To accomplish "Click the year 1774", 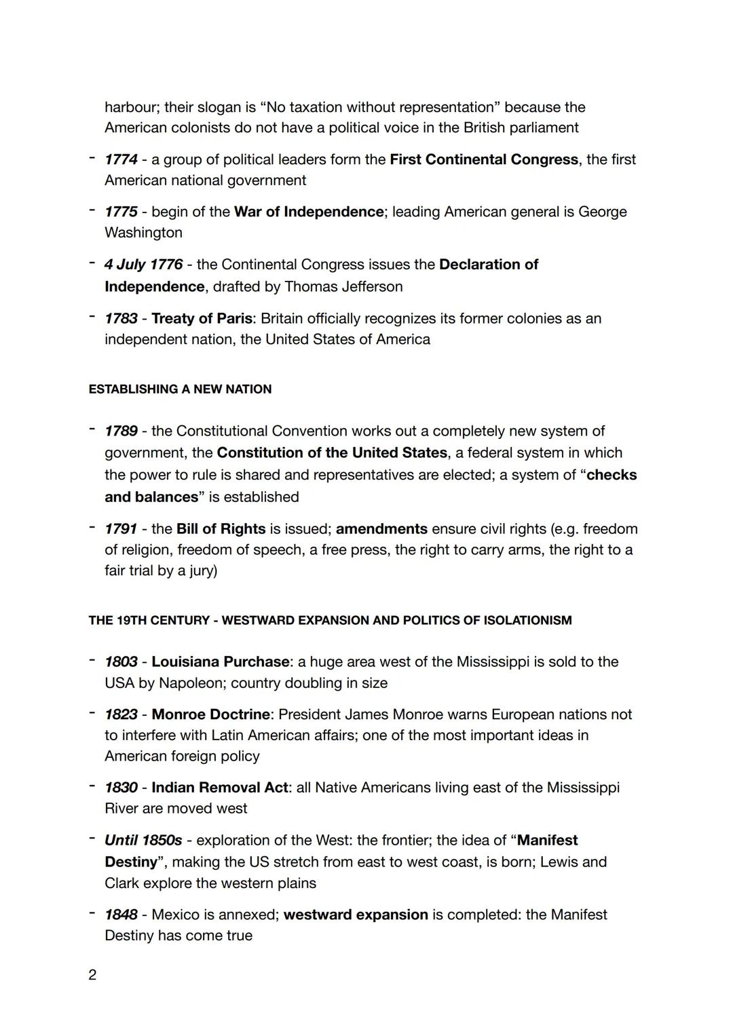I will (x=121, y=159).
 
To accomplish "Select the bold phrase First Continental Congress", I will (x=484, y=159).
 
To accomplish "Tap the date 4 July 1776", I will (x=143, y=265).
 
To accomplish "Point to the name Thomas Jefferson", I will (x=343, y=286).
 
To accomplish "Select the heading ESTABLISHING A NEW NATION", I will (x=180, y=389).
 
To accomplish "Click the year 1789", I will (x=121, y=431).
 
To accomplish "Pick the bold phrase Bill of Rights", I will (x=221, y=529).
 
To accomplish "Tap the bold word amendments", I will (x=381, y=529).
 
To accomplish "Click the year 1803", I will (x=121, y=661).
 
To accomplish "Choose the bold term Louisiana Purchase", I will (x=220, y=661).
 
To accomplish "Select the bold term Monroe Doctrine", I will (x=210, y=714).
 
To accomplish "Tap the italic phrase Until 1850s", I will (x=143, y=841).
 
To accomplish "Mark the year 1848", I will (x=121, y=915).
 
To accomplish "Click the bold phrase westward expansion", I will (x=356, y=915).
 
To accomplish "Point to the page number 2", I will (x=92, y=975).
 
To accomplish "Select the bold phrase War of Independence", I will (x=309, y=212).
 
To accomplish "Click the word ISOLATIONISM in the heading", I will (x=527, y=621).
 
